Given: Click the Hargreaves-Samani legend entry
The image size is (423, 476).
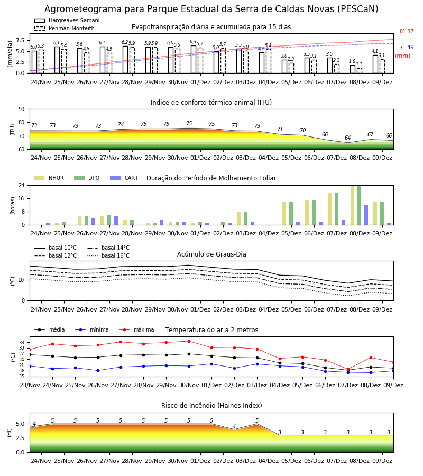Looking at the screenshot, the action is point(67,20).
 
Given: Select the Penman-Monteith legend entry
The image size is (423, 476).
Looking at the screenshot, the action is point(65,28).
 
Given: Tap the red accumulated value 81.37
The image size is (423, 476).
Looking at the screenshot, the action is point(407,31).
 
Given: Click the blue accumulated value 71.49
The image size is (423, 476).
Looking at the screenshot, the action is point(407,47).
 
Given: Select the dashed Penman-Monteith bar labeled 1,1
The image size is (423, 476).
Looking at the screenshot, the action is point(360,71).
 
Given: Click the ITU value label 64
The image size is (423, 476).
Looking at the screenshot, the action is point(348,138).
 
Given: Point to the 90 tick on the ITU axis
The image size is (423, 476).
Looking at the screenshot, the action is point(22,109).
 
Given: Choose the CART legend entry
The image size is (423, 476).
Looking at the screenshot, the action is point(124,178).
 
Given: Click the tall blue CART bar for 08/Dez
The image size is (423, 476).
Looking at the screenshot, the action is point(366,215).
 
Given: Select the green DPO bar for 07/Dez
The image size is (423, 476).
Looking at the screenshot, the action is point(336,209).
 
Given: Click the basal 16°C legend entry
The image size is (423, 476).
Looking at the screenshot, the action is point(108,255).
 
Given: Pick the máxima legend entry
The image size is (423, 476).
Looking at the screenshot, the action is point(137,329).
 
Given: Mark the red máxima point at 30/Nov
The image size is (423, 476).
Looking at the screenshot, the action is point(189,341).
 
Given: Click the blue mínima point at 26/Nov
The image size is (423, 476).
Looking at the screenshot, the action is point(98,370).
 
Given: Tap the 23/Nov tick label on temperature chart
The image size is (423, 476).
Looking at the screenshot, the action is point(30,385).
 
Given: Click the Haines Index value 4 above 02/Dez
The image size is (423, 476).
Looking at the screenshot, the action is point(234,426).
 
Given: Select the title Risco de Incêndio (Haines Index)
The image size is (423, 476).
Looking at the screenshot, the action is point(212,405).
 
